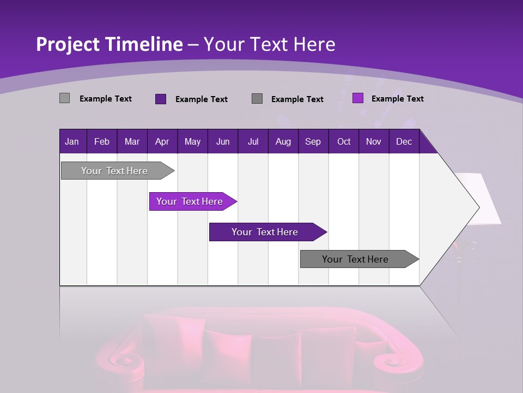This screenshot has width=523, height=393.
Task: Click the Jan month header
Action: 72,141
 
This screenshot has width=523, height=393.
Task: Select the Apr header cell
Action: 162,141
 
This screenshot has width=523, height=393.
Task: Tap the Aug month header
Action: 283,141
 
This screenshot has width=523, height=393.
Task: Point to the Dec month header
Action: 404,141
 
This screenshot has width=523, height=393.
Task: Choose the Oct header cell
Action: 343,141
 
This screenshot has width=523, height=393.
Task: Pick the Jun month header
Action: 222,141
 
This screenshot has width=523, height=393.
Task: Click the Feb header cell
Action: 102,141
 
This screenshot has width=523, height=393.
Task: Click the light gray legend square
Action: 64,98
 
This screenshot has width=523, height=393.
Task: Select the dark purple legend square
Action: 160,99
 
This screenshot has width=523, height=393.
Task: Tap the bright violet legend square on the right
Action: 357,98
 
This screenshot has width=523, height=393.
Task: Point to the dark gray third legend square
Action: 257,99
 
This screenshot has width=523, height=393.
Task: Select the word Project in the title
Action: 68,44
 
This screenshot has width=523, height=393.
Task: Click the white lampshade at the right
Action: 482,199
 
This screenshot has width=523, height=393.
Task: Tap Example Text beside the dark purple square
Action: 201,99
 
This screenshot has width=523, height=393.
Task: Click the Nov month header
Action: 373,141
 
